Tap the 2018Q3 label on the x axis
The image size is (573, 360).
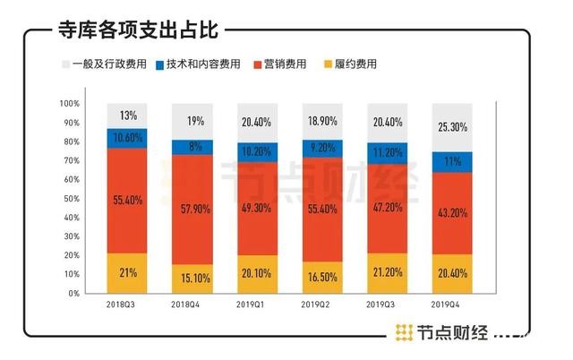click(127, 305)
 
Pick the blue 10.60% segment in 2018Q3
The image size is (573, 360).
click(127, 138)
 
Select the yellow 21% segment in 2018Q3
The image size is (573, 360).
click(127, 272)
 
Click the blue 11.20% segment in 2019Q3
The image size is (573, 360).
click(389, 152)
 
